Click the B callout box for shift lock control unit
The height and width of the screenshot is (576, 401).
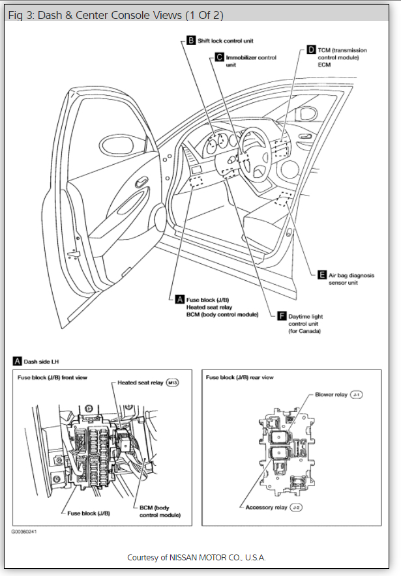(x=191, y=40)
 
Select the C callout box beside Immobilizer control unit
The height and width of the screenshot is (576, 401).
(x=219, y=57)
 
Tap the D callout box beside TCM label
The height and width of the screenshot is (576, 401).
(x=311, y=50)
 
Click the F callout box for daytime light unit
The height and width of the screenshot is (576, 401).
(x=282, y=316)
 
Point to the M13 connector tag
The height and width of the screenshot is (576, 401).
(x=172, y=382)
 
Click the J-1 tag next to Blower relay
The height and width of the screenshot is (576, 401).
(x=356, y=395)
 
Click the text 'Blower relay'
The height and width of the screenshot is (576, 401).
(x=331, y=395)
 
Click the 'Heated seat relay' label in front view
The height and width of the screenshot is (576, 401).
(x=140, y=382)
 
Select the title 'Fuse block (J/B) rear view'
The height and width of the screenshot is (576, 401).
(x=239, y=377)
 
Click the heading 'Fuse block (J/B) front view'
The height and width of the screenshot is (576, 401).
(x=52, y=377)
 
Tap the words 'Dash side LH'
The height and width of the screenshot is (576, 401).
(x=42, y=360)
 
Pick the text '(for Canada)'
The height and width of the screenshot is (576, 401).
(x=304, y=331)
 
